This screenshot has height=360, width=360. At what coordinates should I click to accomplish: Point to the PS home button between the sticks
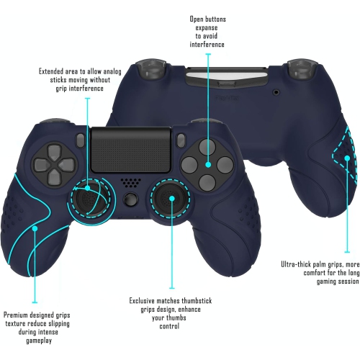(130, 199)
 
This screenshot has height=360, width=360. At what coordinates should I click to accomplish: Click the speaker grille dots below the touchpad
(129, 182)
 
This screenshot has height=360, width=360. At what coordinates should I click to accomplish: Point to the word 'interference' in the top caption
(207, 45)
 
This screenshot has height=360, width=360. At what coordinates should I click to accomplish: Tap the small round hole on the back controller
(276, 92)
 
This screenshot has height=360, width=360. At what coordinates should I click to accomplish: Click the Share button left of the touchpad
(80, 138)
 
